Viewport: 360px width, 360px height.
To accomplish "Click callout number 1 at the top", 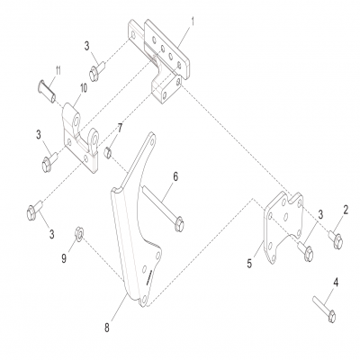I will (191, 19).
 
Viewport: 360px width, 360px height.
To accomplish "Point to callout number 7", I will (121, 130).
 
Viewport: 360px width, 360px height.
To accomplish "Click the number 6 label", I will (175, 176).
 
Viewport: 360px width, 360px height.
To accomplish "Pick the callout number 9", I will (64, 258).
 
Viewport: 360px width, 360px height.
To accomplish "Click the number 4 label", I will (337, 283).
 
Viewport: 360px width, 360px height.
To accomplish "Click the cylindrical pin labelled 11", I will (48, 88).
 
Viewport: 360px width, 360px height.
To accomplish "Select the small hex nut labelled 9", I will (79, 233).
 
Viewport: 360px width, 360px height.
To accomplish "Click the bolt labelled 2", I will (334, 237).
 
